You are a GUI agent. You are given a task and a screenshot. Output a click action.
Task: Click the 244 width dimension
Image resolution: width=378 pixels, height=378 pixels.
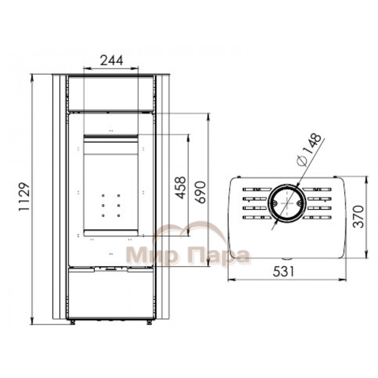click(112, 60)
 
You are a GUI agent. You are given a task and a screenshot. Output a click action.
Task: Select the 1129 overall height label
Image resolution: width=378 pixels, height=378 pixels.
click(24, 197)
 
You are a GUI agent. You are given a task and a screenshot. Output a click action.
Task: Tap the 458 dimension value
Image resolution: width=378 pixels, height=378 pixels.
click(180, 188)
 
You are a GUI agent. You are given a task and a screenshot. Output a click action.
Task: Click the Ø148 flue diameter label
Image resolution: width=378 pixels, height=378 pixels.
click(309, 150)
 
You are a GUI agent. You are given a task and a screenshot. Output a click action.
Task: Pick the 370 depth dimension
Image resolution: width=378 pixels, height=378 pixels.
click(358, 217)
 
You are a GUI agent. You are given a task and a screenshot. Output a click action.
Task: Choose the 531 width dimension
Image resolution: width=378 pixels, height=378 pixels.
click(283, 272)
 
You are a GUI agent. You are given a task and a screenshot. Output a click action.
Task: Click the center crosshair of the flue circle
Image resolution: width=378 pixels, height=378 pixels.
click(287, 204)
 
